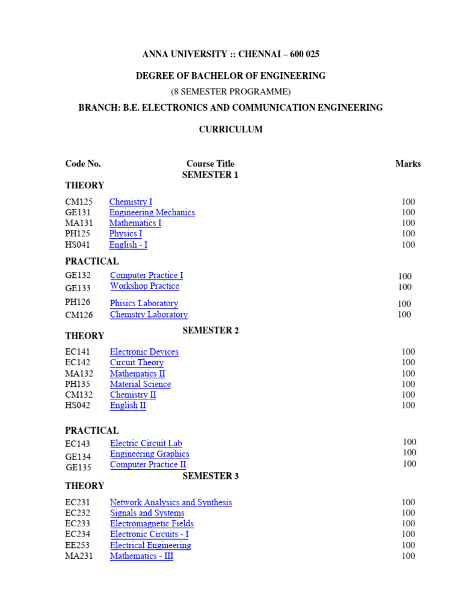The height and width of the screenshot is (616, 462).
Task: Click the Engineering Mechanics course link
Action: point(152,212)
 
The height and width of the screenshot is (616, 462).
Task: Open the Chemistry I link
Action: point(131,202)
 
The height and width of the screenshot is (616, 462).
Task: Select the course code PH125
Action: point(79,233)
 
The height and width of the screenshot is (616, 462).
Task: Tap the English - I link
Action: point(128,245)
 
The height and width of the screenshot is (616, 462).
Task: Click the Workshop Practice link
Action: point(144,286)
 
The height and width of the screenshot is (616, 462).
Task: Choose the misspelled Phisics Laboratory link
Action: point(144,304)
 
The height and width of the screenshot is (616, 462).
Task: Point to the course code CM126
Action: point(79,315)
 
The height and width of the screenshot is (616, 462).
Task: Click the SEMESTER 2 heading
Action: point(211,330)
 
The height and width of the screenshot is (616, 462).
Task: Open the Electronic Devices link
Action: point(144,352)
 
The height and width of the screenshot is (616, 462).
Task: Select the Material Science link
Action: point(140,384)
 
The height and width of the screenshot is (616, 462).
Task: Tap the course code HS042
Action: point(79,405)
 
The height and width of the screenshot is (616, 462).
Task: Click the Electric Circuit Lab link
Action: point(146,443)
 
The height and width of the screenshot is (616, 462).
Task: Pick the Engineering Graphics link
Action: point(149,454)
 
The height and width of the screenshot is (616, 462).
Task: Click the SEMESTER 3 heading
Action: point(211,476)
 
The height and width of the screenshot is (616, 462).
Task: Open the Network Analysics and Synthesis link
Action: point(171,502)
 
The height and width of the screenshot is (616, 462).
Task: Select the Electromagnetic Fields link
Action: point(152,524)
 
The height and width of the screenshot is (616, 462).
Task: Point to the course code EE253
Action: point(78,546)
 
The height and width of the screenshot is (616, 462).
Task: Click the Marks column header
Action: point(408,164)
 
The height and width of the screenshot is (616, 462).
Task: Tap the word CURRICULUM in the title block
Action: point(230,129)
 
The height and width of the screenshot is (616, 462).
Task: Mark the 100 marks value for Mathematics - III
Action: point(408,556)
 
